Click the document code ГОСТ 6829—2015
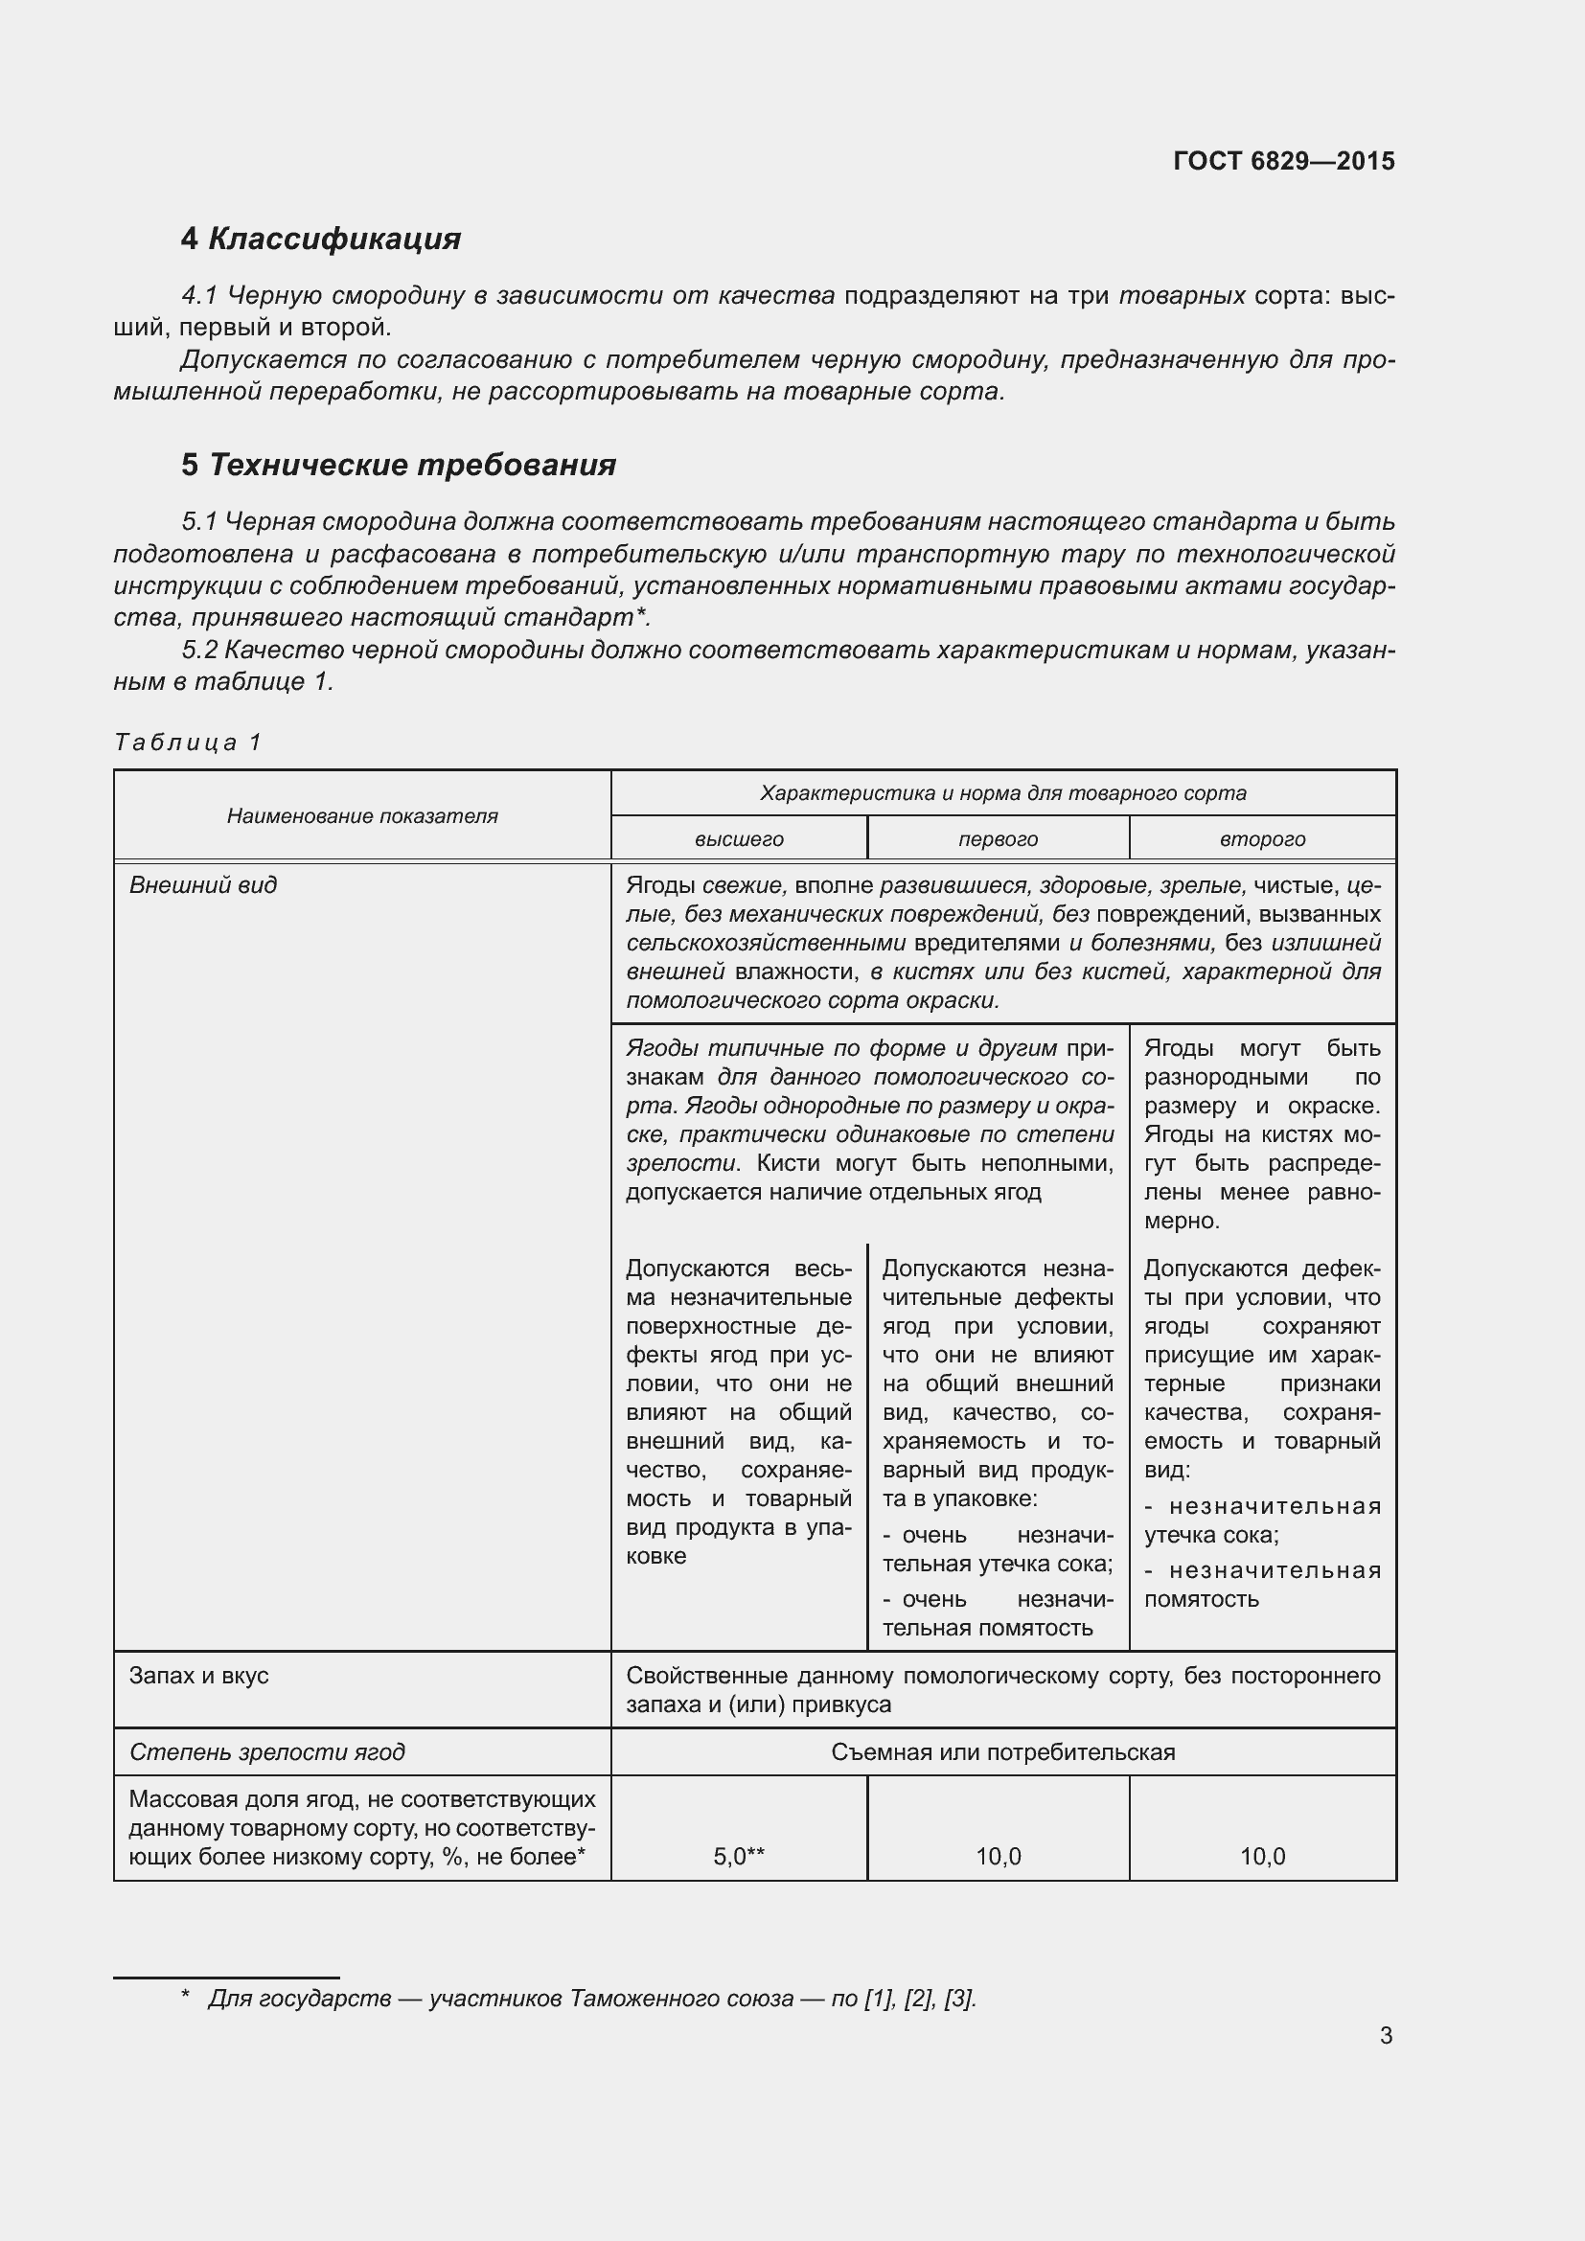tap(1283, 161)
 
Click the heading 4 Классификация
tap(320, 239)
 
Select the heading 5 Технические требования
tap(399, 465)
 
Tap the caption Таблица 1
tap(188, 742)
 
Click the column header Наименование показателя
tap(362, 816)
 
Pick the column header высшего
tap(739, 838)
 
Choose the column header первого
tap(998, 838)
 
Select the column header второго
tap(1262, 838)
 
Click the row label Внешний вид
tap(203, 885)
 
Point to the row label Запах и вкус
tap(199, 1676)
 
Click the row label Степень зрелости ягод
tap(266, 1752)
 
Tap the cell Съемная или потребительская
tap(1002, 1752)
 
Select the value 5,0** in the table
tap(739, 1857)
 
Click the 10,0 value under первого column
tap(998, 1857)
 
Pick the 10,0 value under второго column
tap(1262, 1857)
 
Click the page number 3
tap(1386, 2035)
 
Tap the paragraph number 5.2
tap(200, 650)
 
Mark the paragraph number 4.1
tap(200, 296)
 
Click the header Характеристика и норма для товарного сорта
tap(1002, 792)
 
